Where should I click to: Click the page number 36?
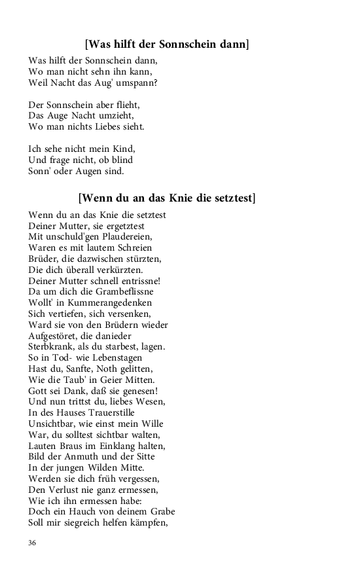33,543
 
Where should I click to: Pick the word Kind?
122,149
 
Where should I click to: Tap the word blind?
120,160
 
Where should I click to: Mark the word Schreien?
130,247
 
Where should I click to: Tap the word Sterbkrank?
52,347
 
